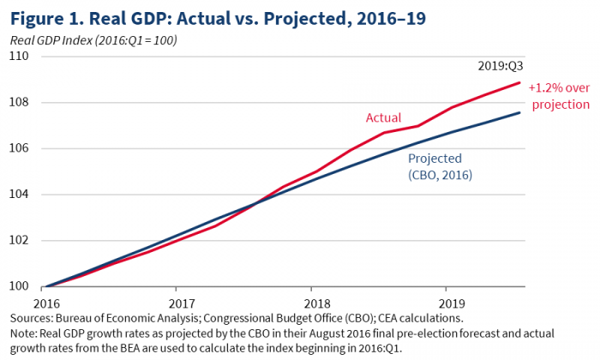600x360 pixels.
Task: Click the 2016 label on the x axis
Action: click(x=46, y=303)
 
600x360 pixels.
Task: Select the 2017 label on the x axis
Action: click(x=181, y=303)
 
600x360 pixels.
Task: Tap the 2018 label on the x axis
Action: click(x=316, y=303)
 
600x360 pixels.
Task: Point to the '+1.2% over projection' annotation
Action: click(x=558, y=96)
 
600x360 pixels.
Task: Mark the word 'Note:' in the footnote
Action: click(x=24, y=334)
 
